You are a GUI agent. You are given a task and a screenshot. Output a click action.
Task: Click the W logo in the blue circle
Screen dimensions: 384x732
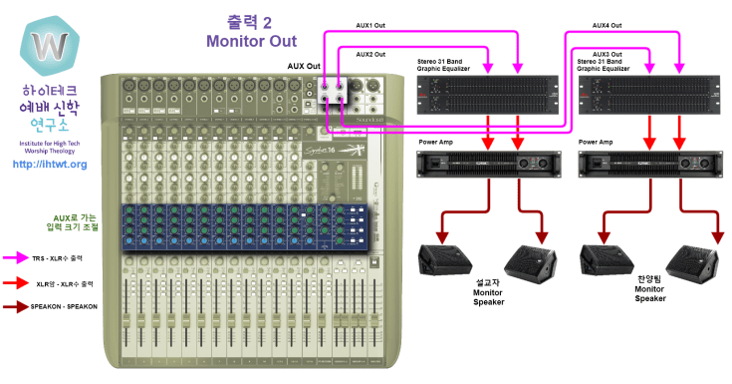click(x=48, y=46)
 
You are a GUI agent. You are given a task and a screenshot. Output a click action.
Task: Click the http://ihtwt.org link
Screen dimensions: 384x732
click(x=49, y=164)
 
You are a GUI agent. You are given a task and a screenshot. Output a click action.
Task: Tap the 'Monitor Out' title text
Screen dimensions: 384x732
click(x=251, y=41)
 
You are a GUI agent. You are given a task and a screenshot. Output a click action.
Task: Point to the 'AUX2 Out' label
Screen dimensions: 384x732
click(x=370, y=54)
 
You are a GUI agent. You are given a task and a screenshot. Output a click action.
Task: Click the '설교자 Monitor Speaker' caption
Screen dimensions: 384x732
click(x=488, y=292)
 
